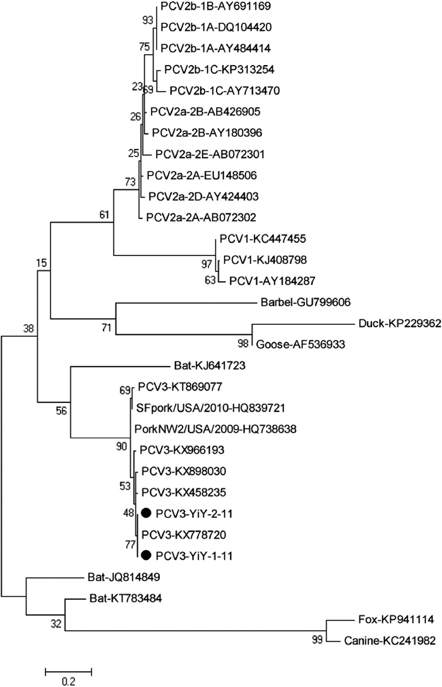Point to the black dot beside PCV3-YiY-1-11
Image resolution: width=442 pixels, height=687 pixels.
click(x=146, y=555)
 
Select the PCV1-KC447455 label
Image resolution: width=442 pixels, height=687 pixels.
click(x=256, y=238)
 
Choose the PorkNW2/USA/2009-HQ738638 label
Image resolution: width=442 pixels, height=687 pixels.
click(x=215, y=428)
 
